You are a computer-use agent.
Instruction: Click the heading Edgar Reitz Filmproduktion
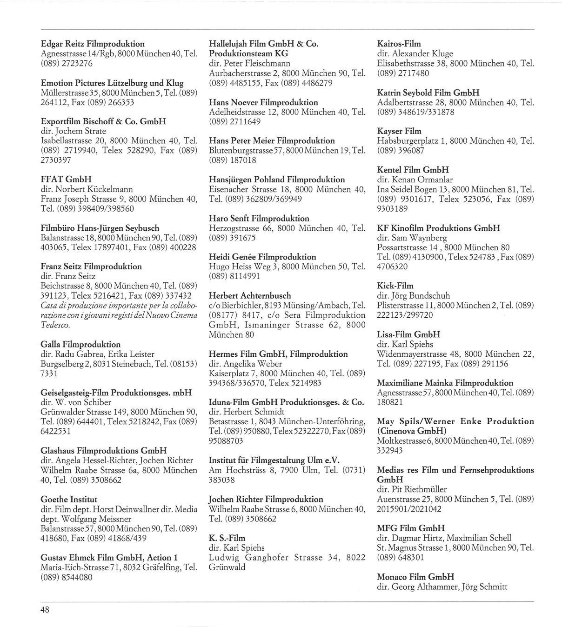point(93,44)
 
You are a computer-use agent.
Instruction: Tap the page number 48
point(44,610)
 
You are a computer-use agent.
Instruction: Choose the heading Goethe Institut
point(69,500)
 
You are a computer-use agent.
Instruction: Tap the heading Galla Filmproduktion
point(80,345)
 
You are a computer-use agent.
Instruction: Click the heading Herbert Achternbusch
point(250,295)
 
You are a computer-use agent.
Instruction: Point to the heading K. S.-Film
point(227,538)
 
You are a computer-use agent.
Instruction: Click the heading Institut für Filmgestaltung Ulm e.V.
point(274,460)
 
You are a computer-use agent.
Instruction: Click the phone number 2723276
point(76,63)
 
